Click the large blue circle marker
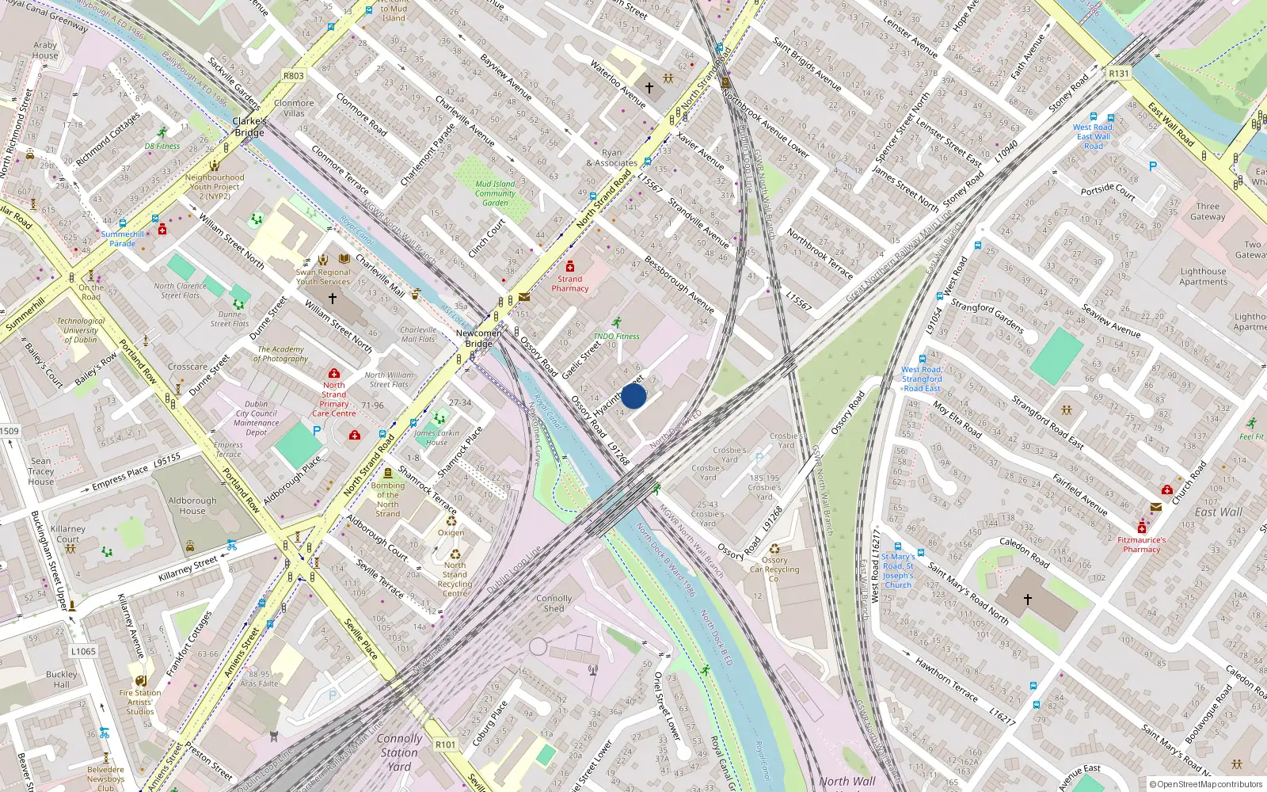(633, 396)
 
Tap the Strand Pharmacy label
(569, 284)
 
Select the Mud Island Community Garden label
(495, 193)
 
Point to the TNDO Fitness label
(616, 337)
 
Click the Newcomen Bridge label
(478, 338)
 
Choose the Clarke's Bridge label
(249, 127)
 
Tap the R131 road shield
(1119, 74)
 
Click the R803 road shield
(293, 76)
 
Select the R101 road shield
(445, 744)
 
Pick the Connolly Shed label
(554, 604)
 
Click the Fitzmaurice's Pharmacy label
(1141, 545)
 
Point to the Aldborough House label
(192, 505)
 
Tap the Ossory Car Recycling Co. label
(774, 569)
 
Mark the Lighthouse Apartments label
(1203, 276)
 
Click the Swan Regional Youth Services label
(323, 276)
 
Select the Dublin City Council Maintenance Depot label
(256, 418)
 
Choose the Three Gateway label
(1208, 211)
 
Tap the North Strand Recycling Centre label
(455, 579)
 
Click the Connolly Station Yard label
(399, 752)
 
